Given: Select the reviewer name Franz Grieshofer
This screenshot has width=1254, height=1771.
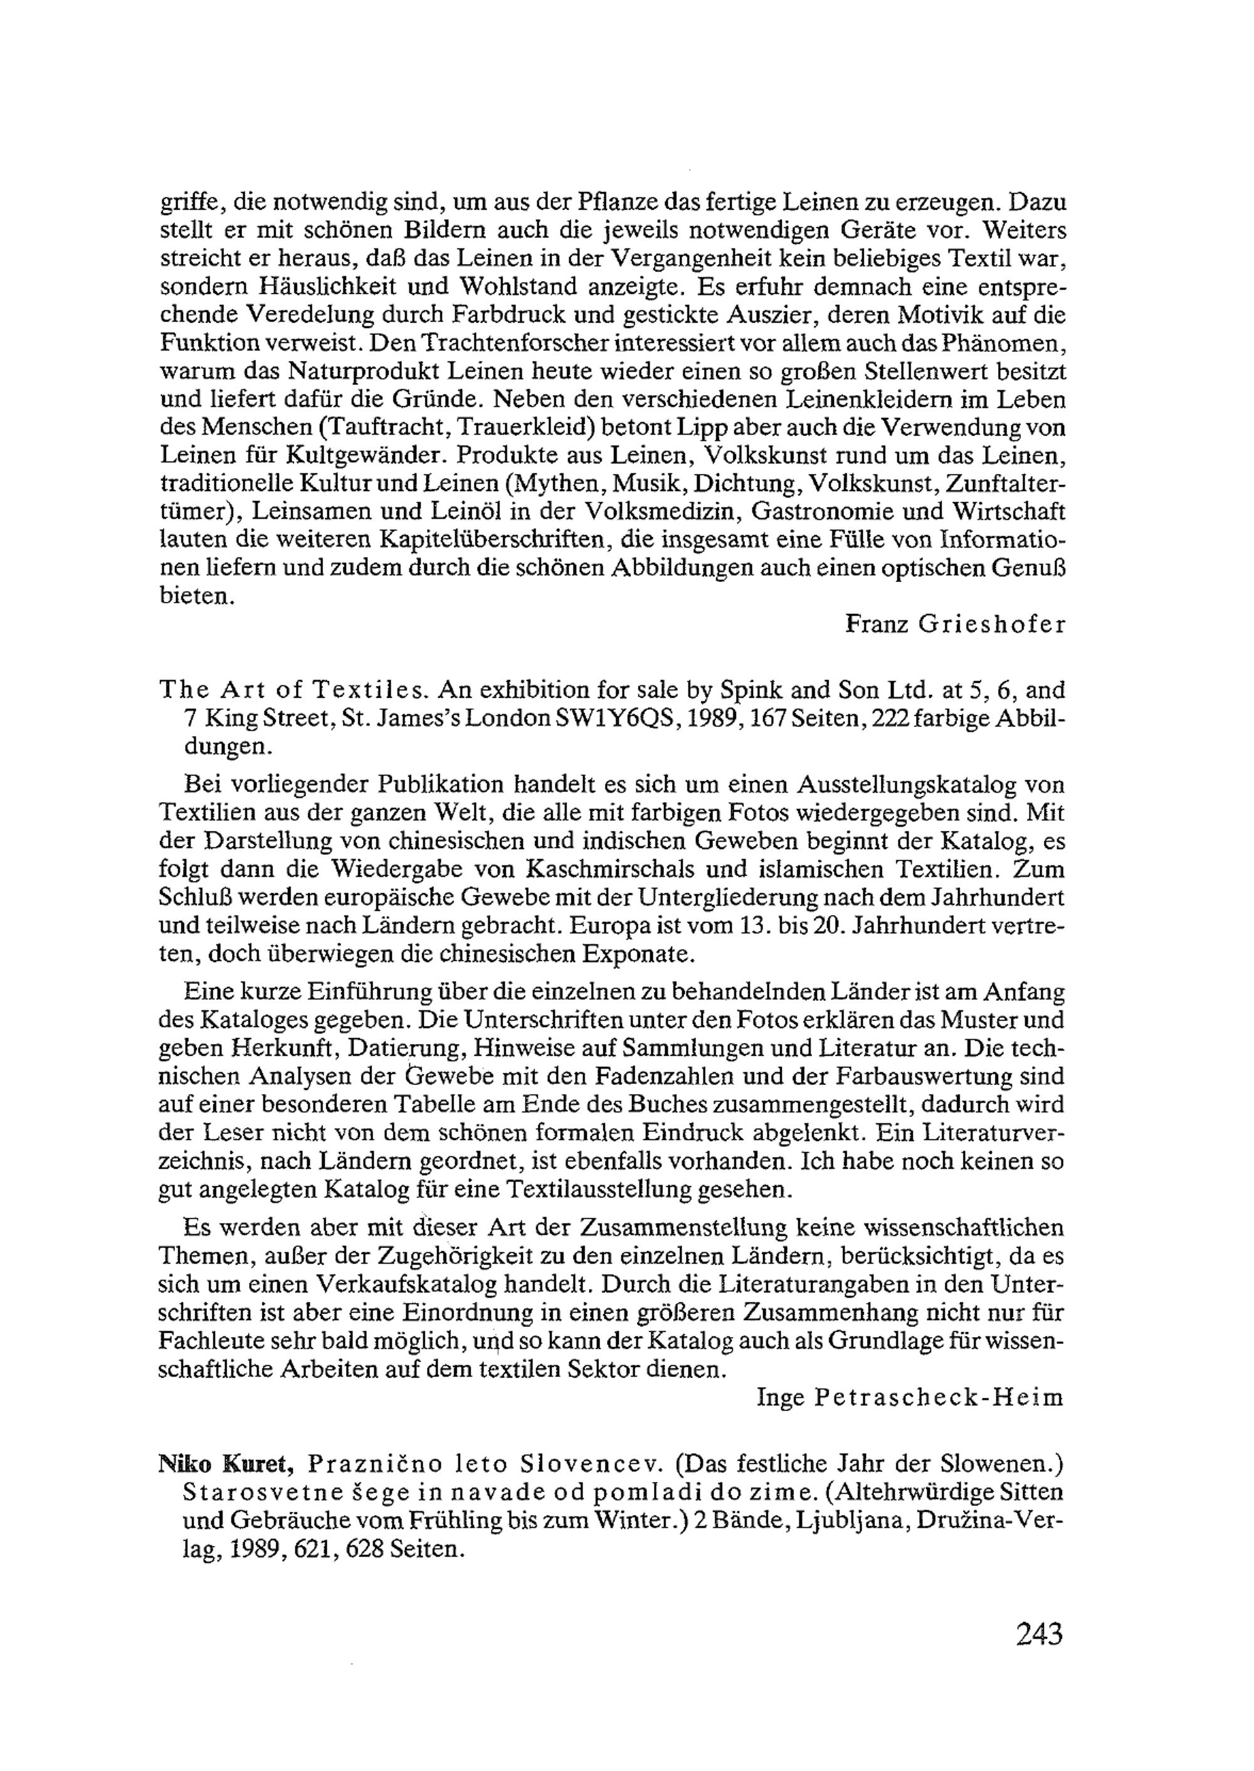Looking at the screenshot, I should click(x=955, y=624).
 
